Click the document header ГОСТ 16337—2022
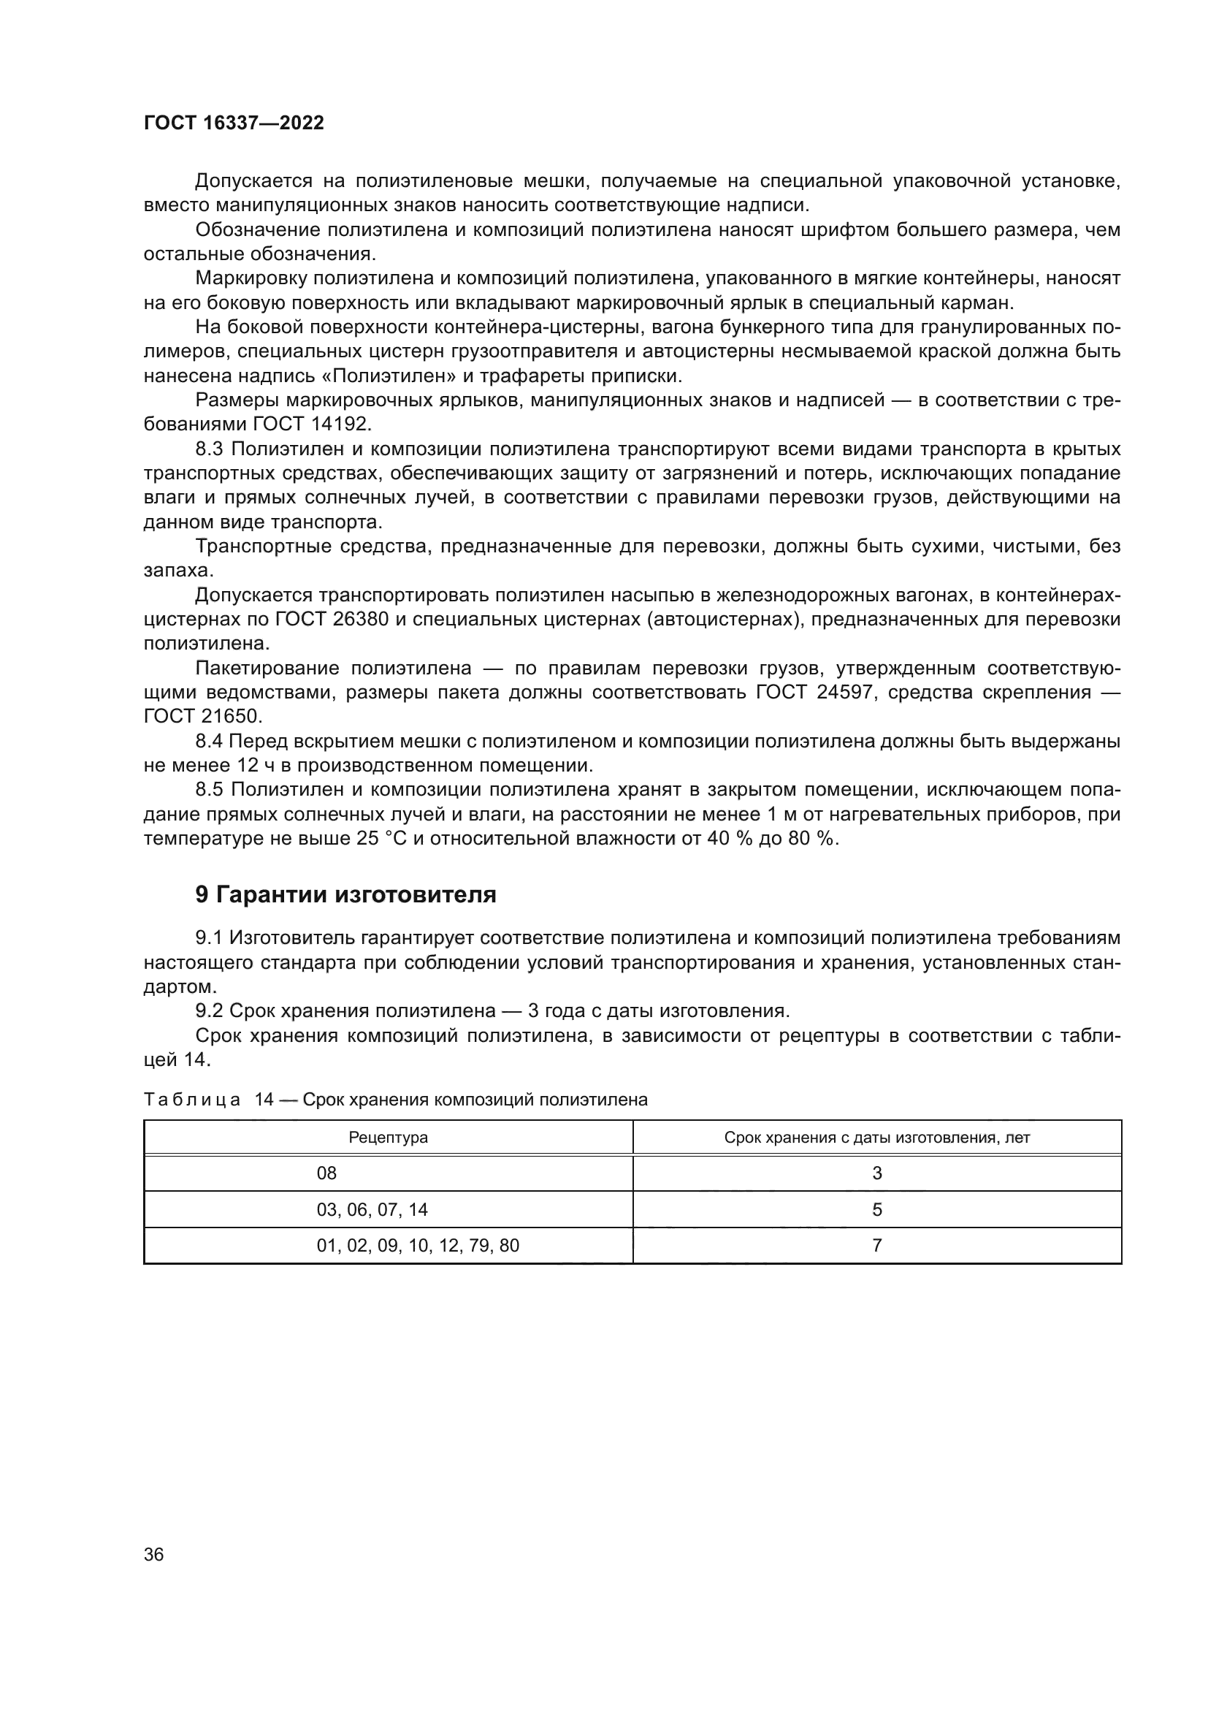point(234,123)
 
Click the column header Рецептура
point(389,1138)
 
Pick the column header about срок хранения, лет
point(877,1138)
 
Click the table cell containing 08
point(326,1173)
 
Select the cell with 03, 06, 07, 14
point(372,1209)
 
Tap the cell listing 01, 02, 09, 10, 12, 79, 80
point(417,1245)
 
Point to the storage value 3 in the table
point(877,1173)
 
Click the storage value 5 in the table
point(877,1209)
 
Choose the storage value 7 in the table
point(877,1245)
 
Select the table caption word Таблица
point(192,1100)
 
